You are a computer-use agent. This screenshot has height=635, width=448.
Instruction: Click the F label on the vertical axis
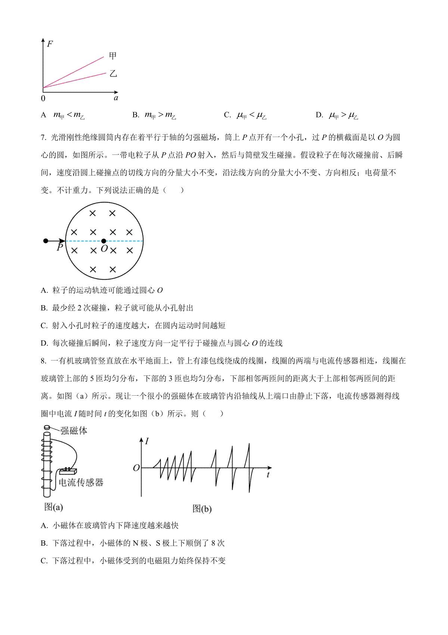click(x=50, y=44)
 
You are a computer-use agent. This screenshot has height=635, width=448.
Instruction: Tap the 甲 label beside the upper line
click(x=113, y=56)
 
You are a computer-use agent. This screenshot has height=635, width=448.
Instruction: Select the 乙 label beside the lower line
click(x=113, y=74)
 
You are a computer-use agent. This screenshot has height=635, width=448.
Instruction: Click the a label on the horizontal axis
click(x=116, y=98)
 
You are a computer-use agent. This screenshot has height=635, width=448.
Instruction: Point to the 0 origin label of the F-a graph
click(x=43, y=98)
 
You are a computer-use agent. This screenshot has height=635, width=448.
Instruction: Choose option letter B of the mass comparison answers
click(x=136, y=115)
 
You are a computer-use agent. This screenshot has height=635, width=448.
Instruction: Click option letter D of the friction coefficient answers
click(x=319, y=115)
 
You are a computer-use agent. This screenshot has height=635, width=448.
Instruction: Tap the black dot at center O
click(x=104, y=241)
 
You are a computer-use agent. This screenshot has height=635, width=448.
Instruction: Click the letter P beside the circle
click(x=60, y=248)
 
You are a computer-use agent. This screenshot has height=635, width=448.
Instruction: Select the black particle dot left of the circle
click(x=46, y=241)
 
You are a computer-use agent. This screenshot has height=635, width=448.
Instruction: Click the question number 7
click(x=43, y=138)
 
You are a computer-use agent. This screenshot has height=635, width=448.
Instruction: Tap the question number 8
click(x=43, y=361)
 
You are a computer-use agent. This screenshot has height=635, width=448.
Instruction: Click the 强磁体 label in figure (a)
click(x=74, y=431)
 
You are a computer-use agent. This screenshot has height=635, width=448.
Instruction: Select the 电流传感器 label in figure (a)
click(x=81, y=482)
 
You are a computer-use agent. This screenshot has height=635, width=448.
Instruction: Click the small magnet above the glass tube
click(x=47, y=427)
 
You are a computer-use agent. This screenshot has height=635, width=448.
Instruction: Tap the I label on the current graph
click(x=147, y=441)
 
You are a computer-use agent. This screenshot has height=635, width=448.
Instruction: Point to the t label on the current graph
click(x=268, y=475)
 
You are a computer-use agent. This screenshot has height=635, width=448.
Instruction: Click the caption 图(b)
click(x=202, y=509)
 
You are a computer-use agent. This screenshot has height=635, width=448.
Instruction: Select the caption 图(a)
click(x=53, y=507)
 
